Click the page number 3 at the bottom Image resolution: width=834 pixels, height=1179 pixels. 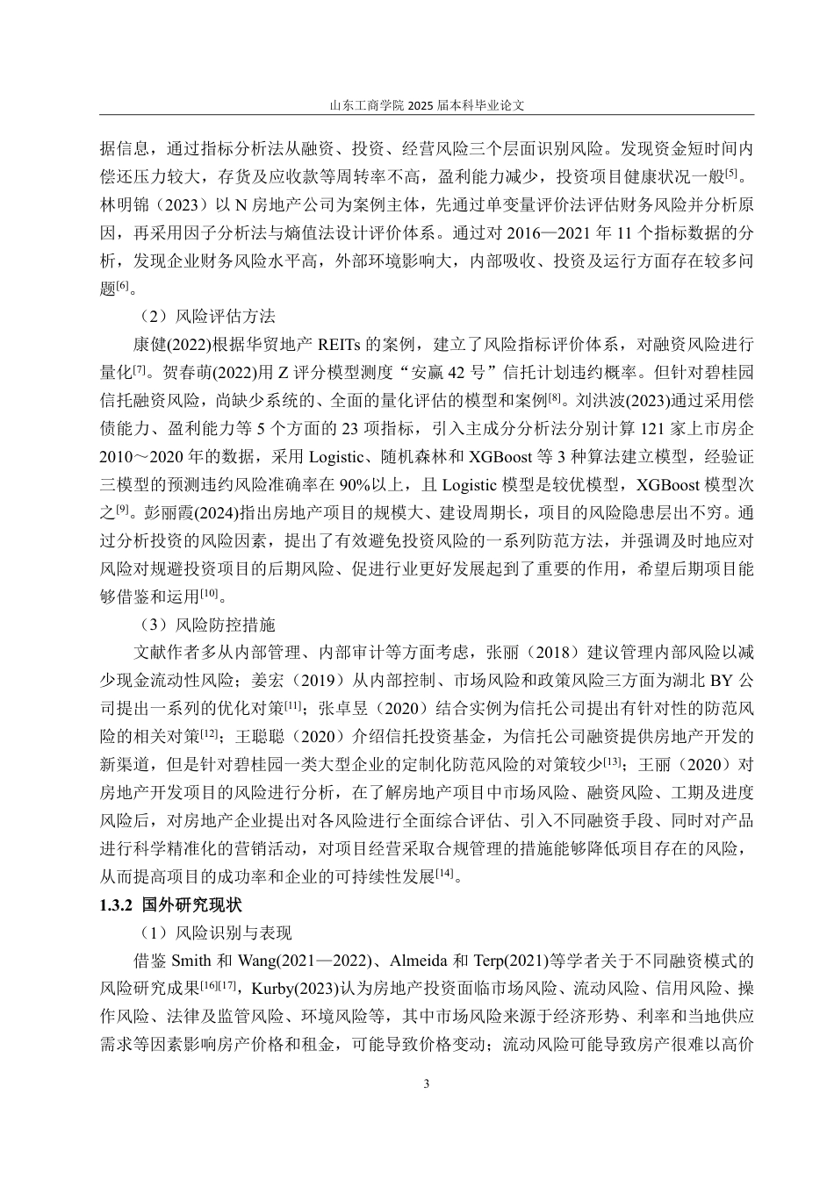pos(427,1083)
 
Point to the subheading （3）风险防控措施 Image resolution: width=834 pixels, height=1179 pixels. pos(207,625)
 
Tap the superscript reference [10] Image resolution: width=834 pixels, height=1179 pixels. pos(208,594)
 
